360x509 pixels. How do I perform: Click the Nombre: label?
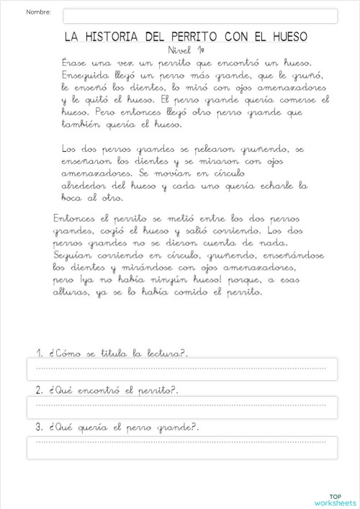[x=39, y=13]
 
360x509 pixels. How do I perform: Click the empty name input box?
[x=200, y=16]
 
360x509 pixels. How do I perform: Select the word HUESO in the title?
[x=287, y=36]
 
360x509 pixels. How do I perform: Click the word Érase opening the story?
[x=74, y=63]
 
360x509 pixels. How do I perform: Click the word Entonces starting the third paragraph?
[x=77, y=218]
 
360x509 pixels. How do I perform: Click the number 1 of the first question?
[x=40, y=353]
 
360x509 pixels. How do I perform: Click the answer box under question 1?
[x=181, y=369]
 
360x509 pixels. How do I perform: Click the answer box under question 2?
[x=181, y=406]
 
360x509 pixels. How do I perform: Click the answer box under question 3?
[x=181, y=447]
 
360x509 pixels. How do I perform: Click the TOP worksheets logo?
[x=335, y=499]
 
